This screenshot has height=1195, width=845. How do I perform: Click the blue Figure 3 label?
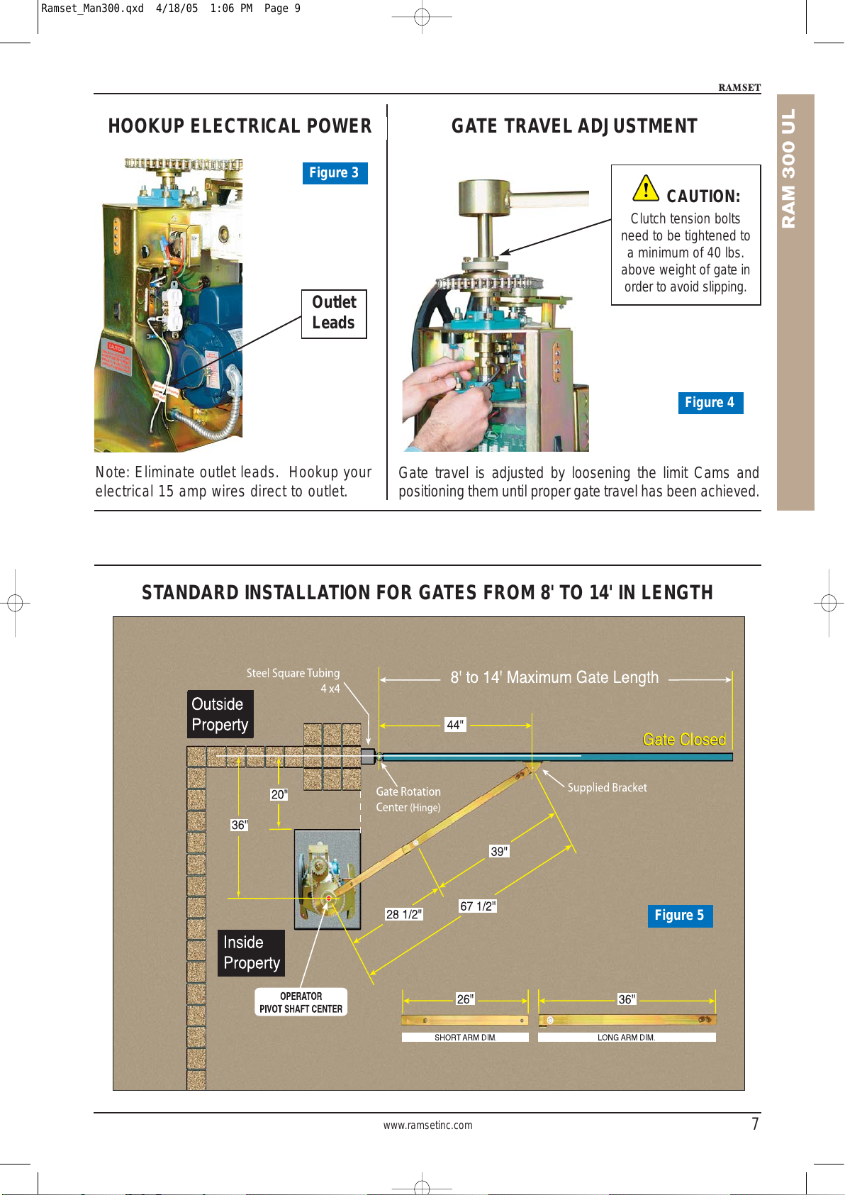(x=335, y=173)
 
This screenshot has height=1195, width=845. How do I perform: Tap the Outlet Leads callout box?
(x=334, y=313)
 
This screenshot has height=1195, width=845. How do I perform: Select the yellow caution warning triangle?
(x=646, y=189)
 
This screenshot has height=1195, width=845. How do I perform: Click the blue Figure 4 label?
(x=710, y=403)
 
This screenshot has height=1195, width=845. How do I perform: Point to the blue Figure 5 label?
(x=680, y=916)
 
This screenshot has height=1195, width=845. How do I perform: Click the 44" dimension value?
(x=455, y=725)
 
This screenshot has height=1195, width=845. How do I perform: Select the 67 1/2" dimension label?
(x=478, y=906)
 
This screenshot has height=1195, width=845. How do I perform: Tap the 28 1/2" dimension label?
(x=403, y=914)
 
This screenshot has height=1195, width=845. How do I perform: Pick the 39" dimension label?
(x=500, y=851)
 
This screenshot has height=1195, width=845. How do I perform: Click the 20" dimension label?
(x=279, y=794)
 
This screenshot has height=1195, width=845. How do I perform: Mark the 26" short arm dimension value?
(x=465, y=999)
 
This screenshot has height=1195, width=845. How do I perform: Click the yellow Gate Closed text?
(x=684, y=740)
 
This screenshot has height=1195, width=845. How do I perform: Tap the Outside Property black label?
(x=220, y=714)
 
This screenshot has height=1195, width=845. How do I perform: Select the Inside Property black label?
(x=251, y=952)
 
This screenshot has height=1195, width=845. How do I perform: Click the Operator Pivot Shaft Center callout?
(x=301, y=1002)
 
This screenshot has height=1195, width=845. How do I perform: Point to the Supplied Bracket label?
(x=607, y=787)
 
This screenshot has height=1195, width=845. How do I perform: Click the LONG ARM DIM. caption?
(x=627, y=1037)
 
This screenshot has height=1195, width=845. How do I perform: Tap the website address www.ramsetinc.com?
(x=427, y=1125)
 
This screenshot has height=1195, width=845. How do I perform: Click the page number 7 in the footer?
(x=755, y=1123)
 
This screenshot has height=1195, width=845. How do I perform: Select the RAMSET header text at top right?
(x=739, y=87)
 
